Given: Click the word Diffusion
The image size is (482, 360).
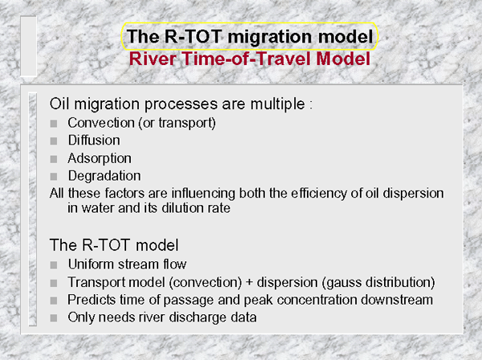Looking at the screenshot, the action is (x=94, y=140).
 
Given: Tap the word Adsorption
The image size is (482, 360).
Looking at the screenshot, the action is (x=100, y=158).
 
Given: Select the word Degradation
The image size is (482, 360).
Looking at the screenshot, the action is (x=104, y=176).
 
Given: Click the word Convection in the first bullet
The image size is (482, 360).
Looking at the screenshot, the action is (x=101, y=123).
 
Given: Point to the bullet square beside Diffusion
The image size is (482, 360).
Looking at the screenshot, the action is (x=54, y=141).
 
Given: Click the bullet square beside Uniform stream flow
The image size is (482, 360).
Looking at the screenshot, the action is (x=54, y=265).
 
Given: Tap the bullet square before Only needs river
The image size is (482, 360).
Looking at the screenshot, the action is (x=54, y=318).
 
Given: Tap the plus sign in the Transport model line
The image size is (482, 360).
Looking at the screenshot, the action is (x=249, y=283).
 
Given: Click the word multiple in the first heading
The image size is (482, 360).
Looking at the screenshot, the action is (x=278, y=104).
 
